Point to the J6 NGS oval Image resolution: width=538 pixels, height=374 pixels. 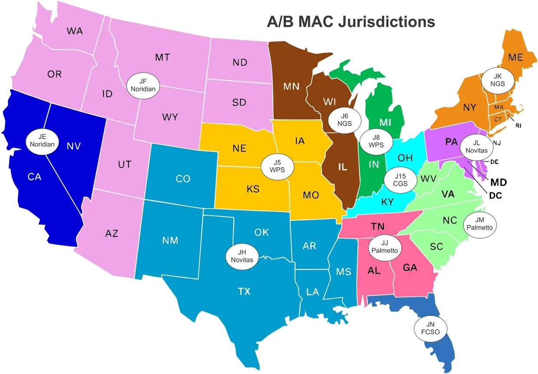(x=344, y=119)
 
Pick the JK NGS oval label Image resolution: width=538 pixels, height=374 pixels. (x=497, y=80)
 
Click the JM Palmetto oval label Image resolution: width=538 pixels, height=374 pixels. (x=480, y=225)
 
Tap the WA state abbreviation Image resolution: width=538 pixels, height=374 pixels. (x=75, y=31)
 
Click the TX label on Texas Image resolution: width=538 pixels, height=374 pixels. (x=244, y=291)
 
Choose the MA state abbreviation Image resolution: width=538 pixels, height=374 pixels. (x=499, y=107)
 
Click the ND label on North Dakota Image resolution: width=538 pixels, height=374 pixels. (x=240, y=62)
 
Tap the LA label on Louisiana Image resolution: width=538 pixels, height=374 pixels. (x=312, y=292)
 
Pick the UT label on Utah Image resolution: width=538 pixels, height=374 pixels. (x=124, y=165)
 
